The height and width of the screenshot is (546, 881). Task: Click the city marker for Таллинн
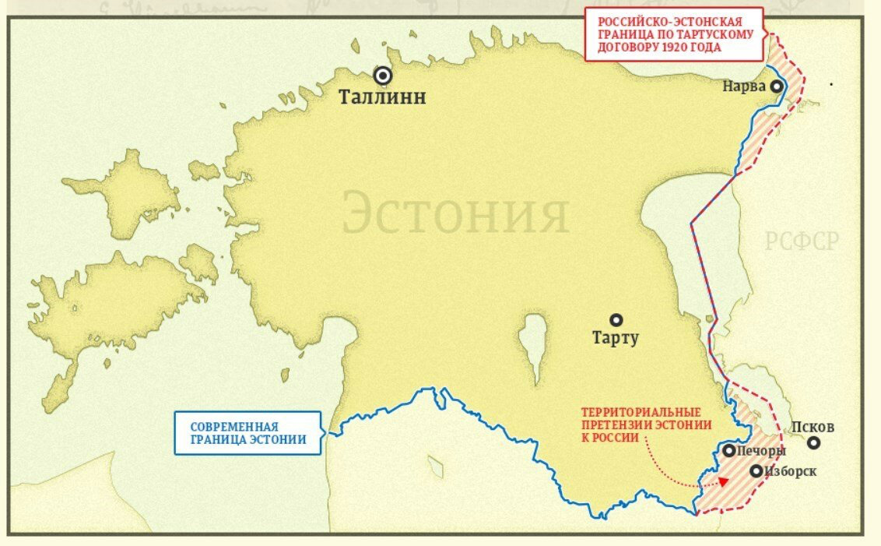[x=382, y=76]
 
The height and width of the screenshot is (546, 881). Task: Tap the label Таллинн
[x=382, y=97]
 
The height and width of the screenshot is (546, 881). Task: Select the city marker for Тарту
[x=616, y=319]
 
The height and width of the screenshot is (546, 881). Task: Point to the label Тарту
[x=615, y=338]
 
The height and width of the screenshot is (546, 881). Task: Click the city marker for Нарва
[x=776, y=86]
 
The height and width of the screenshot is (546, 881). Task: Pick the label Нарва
[x=744, y=86]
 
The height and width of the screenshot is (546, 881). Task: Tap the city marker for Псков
[x=813, y=443]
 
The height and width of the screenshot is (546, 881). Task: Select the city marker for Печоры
[x=728, y=450]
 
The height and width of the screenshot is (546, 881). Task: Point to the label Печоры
[x=762, y=451]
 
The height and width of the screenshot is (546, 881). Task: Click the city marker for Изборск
[x=756, y=470]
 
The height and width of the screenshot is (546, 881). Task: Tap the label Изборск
[x=791, y=471]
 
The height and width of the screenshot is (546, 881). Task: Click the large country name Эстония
[x=455, y=212]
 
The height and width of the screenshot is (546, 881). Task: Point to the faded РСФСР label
[x=801, y=241]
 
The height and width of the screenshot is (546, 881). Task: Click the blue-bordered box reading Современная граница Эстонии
[x=247, y=433]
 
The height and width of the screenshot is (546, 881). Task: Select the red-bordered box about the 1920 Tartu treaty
[x=674, y=34]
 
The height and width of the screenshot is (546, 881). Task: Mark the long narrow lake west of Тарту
[x=534, y=347]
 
